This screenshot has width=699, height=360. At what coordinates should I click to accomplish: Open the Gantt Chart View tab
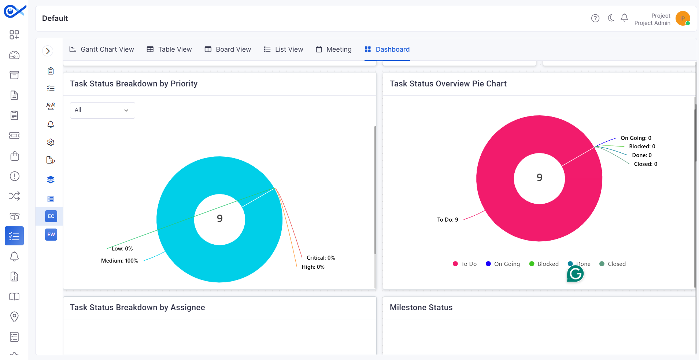(x=102, y=49)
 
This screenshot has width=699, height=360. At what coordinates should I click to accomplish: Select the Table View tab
(x=169, y=49)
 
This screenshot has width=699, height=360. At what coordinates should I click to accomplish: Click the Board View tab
(x=228, y=49)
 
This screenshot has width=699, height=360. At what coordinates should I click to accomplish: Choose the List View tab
(x=284, y=49)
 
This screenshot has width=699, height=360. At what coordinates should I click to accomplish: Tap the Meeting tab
(x=334, y=49)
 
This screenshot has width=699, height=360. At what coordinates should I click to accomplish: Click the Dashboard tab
(x=387, y=49)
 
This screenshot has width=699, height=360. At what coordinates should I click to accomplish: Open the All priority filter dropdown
(x=103, y=110)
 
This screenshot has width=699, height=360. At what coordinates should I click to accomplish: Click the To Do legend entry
(x=465, y=264)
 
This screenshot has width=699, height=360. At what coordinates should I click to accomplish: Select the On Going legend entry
(x=503, y=264)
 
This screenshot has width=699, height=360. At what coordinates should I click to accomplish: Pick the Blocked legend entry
(x=544, y=264)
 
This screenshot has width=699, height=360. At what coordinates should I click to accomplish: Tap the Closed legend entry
(x=613, y=264)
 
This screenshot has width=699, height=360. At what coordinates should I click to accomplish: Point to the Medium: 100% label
(x=120, y=261)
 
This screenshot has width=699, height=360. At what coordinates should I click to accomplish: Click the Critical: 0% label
(x=321, y=258)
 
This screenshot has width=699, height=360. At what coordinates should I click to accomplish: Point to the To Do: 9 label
(x=448, y=220)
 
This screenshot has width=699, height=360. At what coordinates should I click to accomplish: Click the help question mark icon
(x=595, y=18)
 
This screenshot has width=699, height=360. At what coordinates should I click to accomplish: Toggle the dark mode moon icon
(x=611, y=18)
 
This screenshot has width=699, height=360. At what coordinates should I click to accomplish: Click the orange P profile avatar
(x=683, y=18)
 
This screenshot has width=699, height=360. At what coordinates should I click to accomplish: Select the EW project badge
(x=51, y=235)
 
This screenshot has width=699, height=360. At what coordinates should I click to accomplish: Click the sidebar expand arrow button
(x=48, y=51)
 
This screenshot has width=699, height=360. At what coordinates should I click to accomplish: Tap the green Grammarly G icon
(x=575, y=274)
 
